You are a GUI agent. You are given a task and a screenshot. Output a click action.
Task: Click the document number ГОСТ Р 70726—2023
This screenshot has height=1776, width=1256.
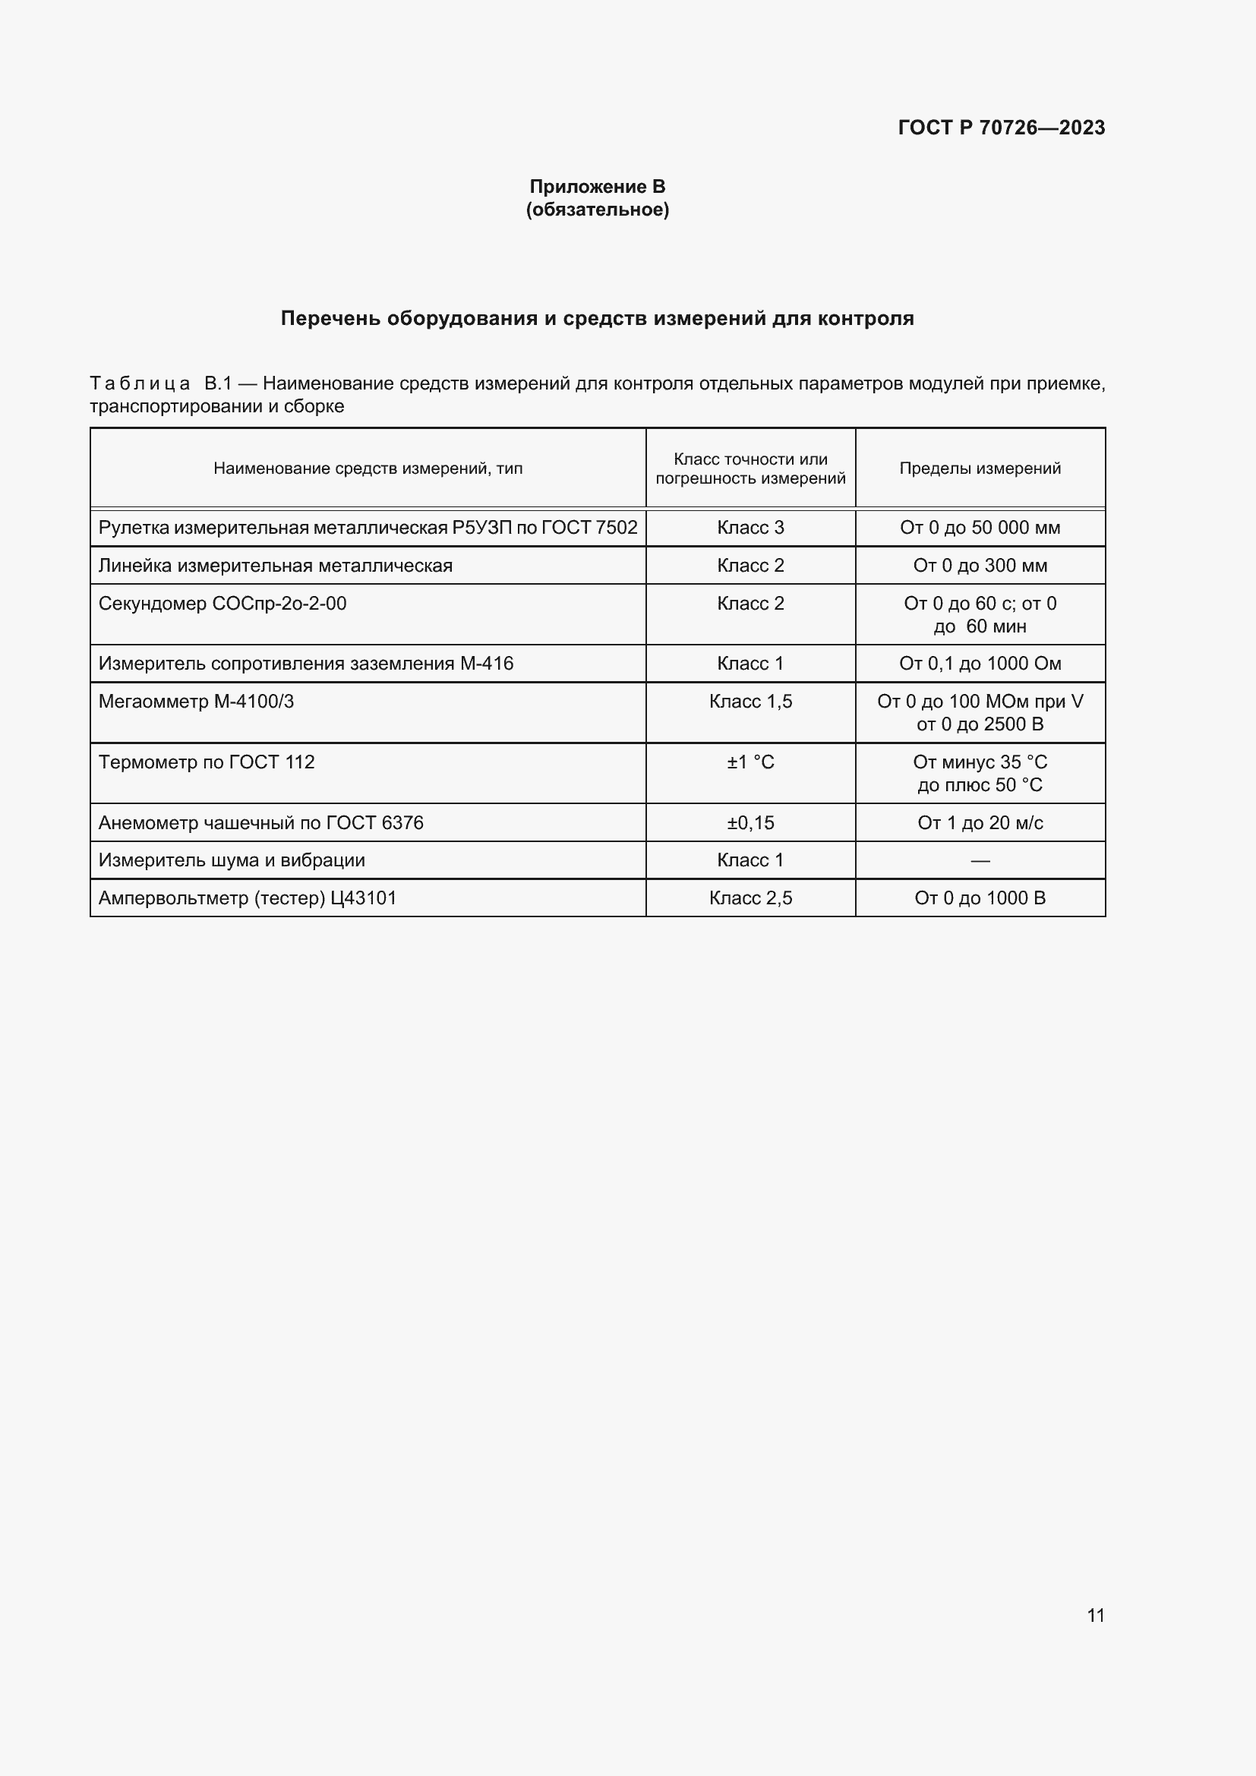[x=1001, y=128]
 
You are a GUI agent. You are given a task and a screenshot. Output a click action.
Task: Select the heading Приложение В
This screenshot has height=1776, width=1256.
[x=597, y=187]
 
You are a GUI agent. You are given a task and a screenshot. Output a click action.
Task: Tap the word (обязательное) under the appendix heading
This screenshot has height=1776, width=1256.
[x=597, y=210]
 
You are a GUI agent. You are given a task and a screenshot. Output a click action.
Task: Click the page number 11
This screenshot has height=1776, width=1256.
[x=1095, y=1615]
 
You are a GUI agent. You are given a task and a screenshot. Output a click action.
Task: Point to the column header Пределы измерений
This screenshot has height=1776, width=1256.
[x=980, y=468]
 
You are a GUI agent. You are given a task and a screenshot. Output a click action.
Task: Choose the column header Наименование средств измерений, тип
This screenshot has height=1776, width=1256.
[x=368, y=468]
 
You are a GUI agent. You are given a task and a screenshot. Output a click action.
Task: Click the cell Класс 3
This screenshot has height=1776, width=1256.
[x=750, y=528]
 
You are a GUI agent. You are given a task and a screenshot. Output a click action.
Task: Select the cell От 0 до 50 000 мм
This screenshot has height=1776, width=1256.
[x=980, y=528]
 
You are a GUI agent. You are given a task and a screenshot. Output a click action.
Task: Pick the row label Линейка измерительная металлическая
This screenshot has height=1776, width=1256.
[x=276, y=566]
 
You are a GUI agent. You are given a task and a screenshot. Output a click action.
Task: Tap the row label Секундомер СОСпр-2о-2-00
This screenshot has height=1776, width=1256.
[x=222, y=604]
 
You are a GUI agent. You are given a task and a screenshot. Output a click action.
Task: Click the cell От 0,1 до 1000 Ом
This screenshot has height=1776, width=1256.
[x=980, y=664]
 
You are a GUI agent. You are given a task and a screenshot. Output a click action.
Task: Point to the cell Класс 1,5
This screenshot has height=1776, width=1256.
[x=750, y=702]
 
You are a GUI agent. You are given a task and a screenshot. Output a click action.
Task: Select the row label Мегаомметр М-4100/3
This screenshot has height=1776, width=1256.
[x=197, y=702]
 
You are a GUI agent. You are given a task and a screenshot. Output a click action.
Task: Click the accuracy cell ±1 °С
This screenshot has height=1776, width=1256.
[x=750, y=762]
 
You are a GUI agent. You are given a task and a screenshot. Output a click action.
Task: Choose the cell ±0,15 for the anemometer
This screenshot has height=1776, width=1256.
[x=750, y=823]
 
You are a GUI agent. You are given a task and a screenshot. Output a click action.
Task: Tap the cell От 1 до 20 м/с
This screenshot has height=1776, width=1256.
[x=980, y=823]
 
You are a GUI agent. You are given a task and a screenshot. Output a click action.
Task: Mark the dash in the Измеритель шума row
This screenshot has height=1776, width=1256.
[x=980, y=860]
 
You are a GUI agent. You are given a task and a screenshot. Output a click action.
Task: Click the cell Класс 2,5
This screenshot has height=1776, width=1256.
[x=750, y=898]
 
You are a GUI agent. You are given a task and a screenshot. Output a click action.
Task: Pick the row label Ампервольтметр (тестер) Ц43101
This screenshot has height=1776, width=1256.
[x=248, y=898]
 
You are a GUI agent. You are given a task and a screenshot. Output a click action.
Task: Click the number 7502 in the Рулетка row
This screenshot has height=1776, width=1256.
[x=617, y=528]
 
